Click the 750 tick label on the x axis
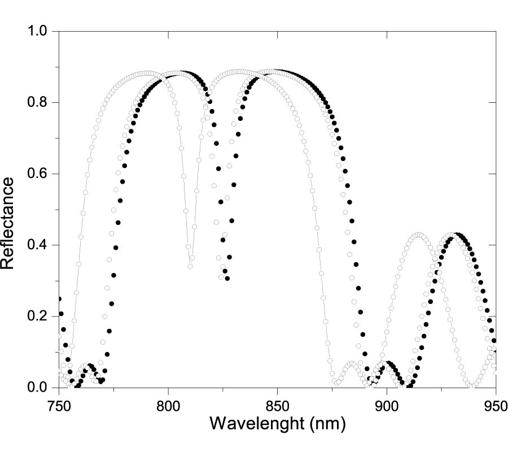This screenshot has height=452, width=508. tap(59, 405)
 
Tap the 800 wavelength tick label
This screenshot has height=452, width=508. tap(168, 405)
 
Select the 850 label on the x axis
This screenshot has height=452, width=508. tap(277, 405)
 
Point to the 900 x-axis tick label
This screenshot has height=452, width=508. tap(387, 405)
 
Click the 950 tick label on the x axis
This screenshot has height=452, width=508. tap(495, 405)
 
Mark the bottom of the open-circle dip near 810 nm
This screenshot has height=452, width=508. tap(190, 266)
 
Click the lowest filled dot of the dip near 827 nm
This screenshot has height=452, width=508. tap(227, 278)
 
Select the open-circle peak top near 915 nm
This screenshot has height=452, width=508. tap(418, 235)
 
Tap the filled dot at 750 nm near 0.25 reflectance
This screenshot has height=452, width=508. tap(59, 299)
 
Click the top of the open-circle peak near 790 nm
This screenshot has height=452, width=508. tap(147, 73)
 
